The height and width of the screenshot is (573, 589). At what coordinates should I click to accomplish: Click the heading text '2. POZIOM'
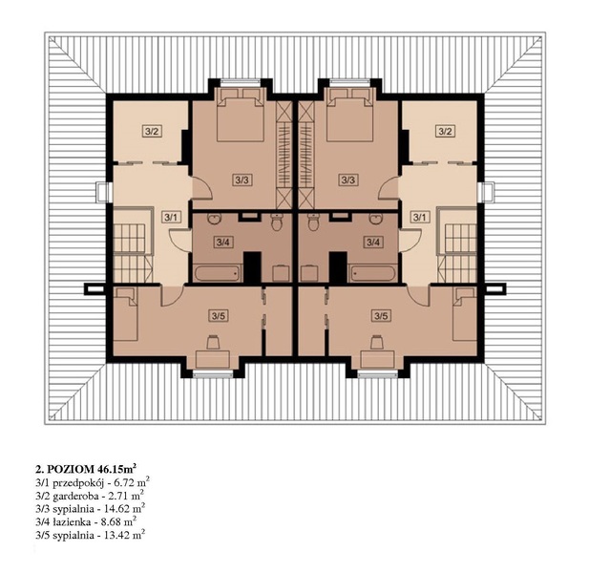(x=64, y=469)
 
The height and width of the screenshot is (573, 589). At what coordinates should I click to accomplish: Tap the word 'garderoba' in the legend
(x=72, y=496)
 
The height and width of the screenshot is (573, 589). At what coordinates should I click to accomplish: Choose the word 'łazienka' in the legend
(x=68, y=522)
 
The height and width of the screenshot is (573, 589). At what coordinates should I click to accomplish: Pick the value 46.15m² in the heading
(x=116, y=468)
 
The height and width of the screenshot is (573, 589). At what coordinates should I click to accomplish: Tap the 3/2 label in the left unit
(x=152, y=132)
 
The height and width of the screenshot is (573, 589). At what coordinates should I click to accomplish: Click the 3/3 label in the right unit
(x=347, y=180)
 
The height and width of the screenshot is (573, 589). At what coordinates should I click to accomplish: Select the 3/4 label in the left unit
(x=222, y=243)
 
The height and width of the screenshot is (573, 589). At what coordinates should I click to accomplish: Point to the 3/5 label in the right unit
(x=381, y=316)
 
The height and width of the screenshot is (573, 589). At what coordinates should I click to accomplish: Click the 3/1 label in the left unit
(x=171, y=217)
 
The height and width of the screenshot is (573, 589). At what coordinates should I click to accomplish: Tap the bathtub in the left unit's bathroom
(x=218, y=272)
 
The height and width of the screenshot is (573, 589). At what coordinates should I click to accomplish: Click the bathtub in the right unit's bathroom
(x=372, y=272)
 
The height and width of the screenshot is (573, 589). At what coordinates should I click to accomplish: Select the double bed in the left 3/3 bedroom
(x=241, y=115)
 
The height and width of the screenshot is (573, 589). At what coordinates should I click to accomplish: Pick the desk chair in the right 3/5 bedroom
(x=377, y=343)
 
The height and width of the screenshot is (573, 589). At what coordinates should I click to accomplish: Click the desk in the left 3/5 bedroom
(x=213, y=358)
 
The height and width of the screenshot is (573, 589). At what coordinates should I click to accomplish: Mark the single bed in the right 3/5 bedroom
(x=465, y=314)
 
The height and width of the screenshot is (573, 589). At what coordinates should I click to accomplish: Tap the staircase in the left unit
(x=133, y=246)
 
